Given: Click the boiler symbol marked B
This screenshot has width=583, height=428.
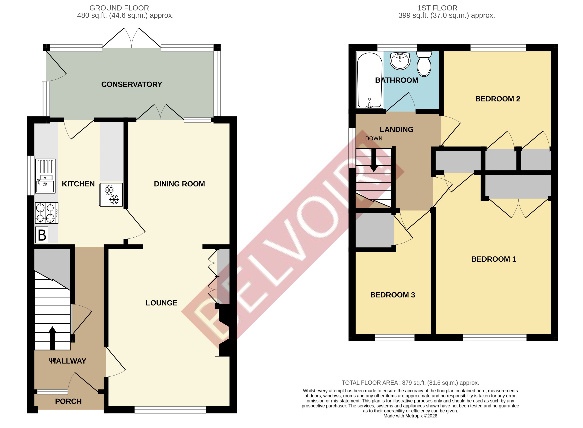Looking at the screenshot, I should [x=42, y=235].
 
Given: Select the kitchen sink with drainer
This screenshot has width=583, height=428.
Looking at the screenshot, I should [x=45, y=176].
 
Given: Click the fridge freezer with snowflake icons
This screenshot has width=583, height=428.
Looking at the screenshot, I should [x=111, y=195].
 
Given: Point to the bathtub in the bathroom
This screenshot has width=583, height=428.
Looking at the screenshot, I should [x=369, y=80].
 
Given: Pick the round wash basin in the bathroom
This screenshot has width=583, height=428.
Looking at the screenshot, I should [x=400, y=61].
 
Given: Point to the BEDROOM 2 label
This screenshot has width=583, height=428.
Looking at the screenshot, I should [x=497, y=99].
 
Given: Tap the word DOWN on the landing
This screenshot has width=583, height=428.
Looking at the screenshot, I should [x=373, y=138].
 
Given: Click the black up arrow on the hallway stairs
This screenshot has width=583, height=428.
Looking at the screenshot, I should [x=52, y=338].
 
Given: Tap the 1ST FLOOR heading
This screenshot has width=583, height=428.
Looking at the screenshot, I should [x=437, y=8].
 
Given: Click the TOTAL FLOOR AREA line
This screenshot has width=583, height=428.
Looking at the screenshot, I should [x=410, y=383].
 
